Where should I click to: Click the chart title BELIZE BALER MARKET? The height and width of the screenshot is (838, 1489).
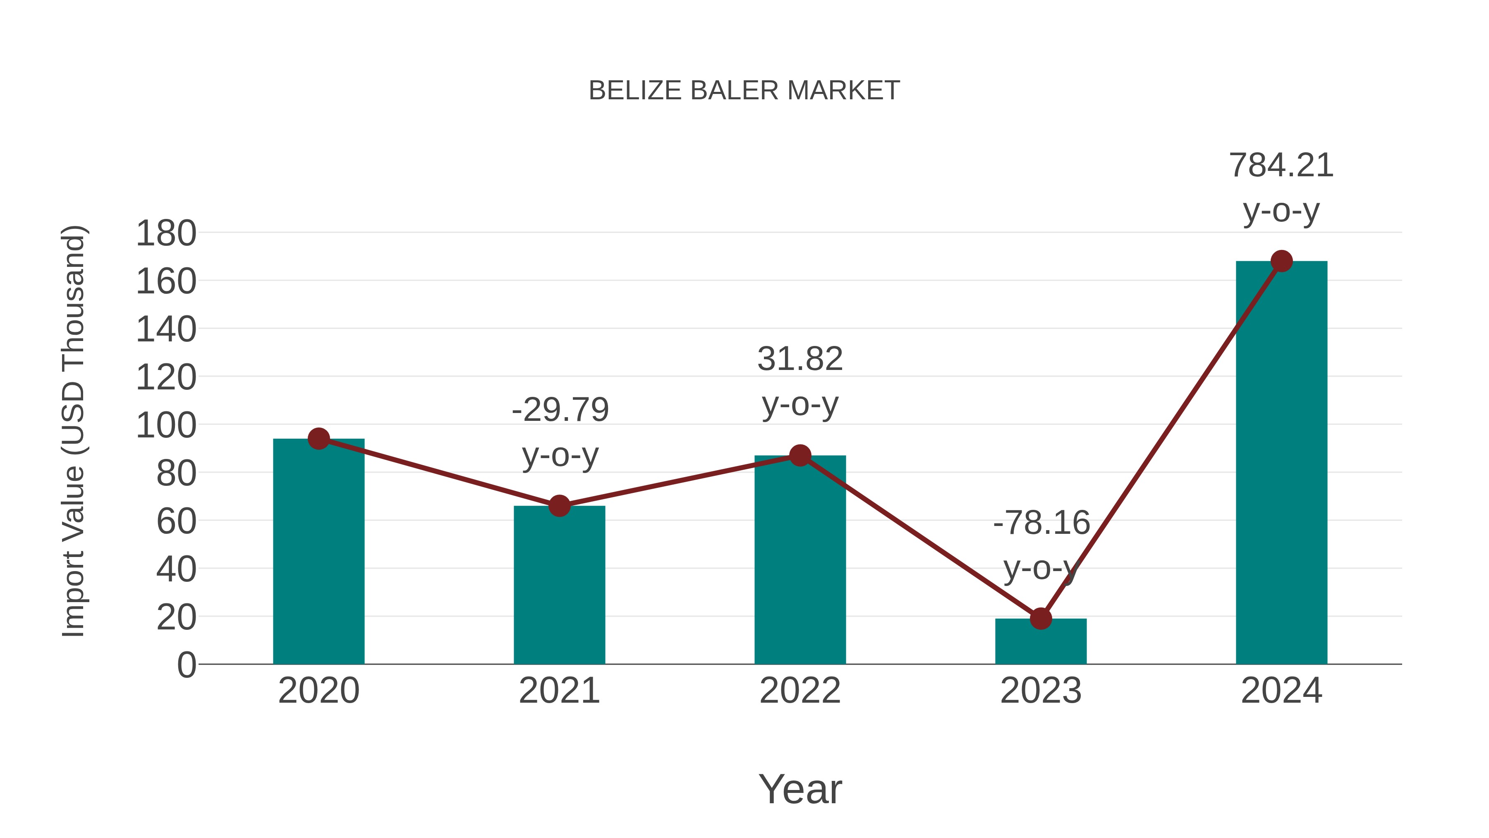coord(744,91)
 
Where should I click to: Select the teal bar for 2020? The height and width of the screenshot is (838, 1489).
coord(318,555)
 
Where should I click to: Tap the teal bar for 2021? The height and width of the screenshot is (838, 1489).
coord(559,587)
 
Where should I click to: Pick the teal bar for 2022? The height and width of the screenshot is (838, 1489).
coord(800,561)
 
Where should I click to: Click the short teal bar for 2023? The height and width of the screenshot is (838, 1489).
coord(1041,642)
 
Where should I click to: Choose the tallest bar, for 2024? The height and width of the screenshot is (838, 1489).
coord(1281,463)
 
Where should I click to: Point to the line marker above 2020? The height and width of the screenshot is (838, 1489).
coord(318,439)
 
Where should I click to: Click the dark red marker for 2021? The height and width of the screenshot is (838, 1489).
coord(559,506)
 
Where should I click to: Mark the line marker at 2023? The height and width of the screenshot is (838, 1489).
coord(1041,618)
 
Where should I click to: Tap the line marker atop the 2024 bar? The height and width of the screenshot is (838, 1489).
coord(1281,262)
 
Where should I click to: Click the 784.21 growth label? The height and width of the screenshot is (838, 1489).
coord(1281,166)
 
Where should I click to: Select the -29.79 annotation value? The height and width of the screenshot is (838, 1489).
coord(560,410)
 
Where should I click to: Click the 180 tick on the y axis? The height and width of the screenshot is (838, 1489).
coord(166,234)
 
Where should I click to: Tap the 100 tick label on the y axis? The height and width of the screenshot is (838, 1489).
coord(166,426)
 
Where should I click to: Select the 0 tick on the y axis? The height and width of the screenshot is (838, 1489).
coord(186,665)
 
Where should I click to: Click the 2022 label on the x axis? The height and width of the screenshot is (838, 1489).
coord(800,691)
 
